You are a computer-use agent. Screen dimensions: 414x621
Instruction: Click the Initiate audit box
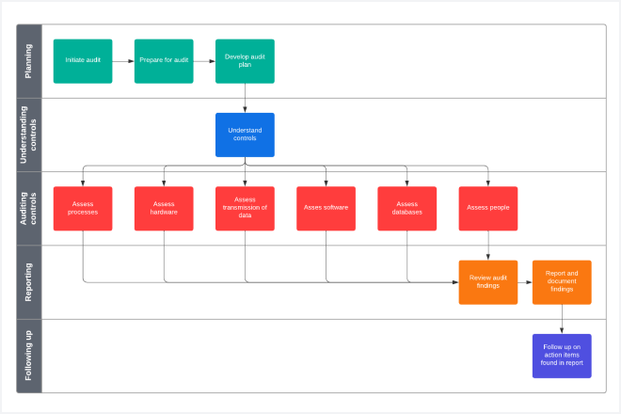pyautogui.click(x=82, y=60)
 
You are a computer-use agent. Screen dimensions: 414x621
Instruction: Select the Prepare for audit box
pyautogui.click(x=164, y=60)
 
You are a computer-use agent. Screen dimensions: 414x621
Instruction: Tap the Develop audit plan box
pyautogui.click(x=245, y=60)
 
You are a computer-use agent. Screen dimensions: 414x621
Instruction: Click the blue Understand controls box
pyautogui.click(x=245, y=135)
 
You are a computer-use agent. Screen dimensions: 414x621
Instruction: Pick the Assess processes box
pyautogui.click(x=82, y=208)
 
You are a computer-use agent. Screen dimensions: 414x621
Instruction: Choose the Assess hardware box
pyautogui.click(x=164, y=208)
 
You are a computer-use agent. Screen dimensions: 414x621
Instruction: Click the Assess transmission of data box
pyautogui.click(x=245, y=208)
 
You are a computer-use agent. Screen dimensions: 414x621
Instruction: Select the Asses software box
pyautogui.click(x=326, y=208)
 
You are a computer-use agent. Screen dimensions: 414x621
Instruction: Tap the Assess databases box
pyautogui.click(x=407, y=208)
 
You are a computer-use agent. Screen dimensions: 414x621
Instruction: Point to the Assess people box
pyautogui.click(x=488, y=208)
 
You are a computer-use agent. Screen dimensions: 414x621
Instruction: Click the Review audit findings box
pyautogui.click(x=488, y=281)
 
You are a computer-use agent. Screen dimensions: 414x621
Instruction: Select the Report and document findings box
pyautogui.click(x=562, y=281)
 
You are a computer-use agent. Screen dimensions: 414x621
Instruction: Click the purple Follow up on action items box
pyautogui.click(x=562, y=355)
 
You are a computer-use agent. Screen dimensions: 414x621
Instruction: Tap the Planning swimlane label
pyautogui.click(x=29, y=60)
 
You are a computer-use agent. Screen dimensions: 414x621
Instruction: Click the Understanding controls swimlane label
pyautogui.click(x=29, y=135)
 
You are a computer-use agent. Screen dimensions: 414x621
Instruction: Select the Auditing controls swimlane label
pyautogui.click(x=29, y=208)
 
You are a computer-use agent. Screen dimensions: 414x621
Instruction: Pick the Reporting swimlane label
pyautogui.click(x=29, y=281)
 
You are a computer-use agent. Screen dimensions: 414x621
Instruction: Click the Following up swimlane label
pyautogui.click(x=29, y=355)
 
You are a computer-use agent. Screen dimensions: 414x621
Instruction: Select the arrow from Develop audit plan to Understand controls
pyautogui.click(x=245, y=98)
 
